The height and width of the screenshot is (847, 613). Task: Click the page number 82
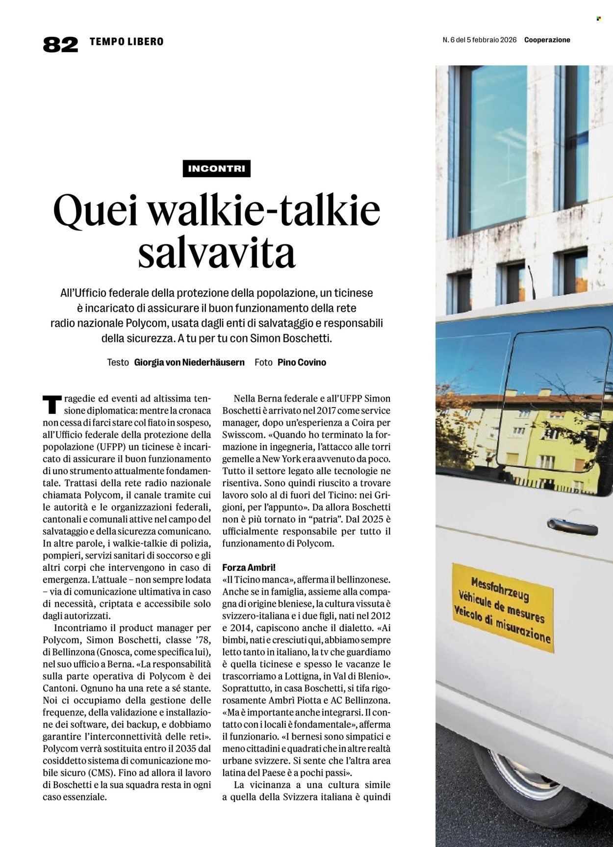click(x=60, y=44)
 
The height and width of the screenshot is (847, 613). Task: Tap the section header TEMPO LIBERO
click(x=127, y=42)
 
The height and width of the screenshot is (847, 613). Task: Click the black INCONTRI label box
click(x=216, y=169)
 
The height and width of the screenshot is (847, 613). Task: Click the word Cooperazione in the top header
click(x=547, y=40)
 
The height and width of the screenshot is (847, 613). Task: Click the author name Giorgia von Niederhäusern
click(x=189, y=362)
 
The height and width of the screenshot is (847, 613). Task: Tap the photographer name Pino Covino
click(x=302, y=362)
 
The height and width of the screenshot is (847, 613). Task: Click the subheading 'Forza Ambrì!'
click(x=249, y=567)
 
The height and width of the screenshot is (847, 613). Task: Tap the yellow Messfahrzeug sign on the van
click(x=503, y=607)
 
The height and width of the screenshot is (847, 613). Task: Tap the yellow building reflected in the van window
click(x=539, y=441)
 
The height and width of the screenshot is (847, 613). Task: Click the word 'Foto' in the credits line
click(x=263, y=362)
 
